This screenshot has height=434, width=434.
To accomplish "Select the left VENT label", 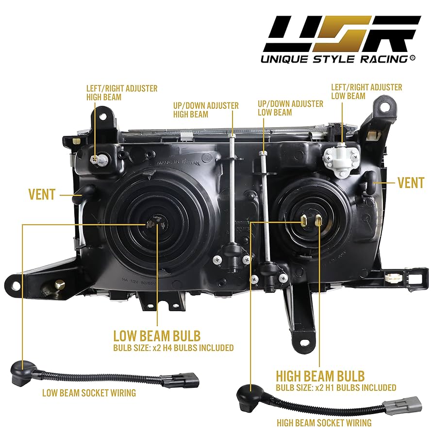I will (42, 195).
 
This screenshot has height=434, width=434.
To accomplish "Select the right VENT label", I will (410, 183).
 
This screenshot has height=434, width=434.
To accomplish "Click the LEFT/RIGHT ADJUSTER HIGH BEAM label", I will (121, 93).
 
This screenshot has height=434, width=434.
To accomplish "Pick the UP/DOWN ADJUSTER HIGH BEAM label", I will (206, 110).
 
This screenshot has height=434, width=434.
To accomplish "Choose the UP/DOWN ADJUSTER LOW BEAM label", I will (297, 108).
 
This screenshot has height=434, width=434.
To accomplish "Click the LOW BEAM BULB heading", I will (156, 336).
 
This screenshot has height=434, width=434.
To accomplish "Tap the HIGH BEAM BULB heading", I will (320, 376).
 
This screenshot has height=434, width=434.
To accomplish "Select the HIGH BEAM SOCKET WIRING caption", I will (324, 423).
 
